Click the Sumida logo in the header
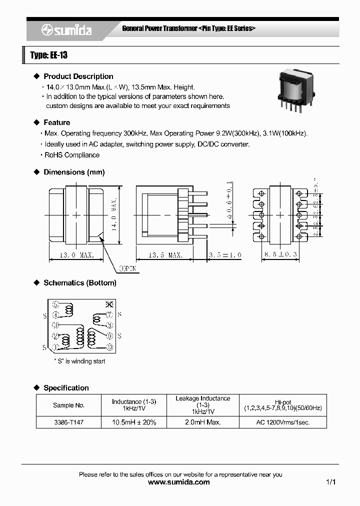pyautogui.click(x=66, y=30)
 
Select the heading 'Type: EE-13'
pyautogui.click(x=48, y=55)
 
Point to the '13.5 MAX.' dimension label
pyautogui.click(x=165, y=255)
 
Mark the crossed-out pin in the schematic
pyautogui.click(x=110, y=304)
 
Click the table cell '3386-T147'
pyautogui.click(x=68, y=422)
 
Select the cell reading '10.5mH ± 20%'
pyautogui.click(x=134, y=422)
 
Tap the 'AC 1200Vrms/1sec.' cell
pyautogui.click(x=282, y=422)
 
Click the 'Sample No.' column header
pyautogui.click(x=68, y=405)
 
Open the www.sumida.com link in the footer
pyautogui.click(x=179, y=482)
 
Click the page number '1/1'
pyautogui.click(x=330, y=482)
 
